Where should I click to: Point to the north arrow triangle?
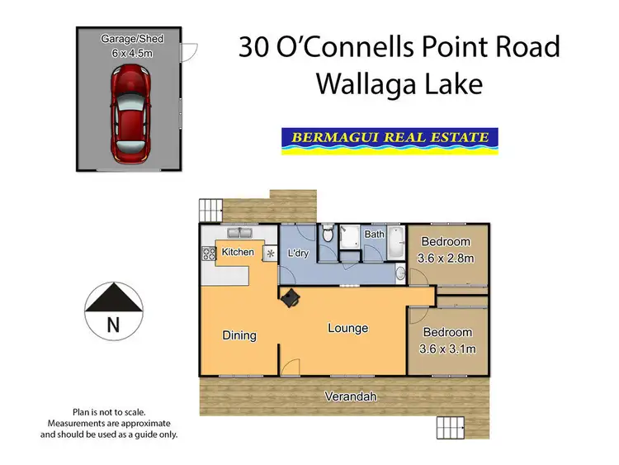click(113, 296)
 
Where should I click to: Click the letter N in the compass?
click(113, 325)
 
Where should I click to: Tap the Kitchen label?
click(238, 252)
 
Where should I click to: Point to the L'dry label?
click(297, 253)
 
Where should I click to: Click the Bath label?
click(375, 235)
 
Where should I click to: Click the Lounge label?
click(347, 328)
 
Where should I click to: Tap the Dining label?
click(239, 335)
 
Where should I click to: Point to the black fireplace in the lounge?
click(290, 299)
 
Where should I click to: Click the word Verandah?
click(350, 397)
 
